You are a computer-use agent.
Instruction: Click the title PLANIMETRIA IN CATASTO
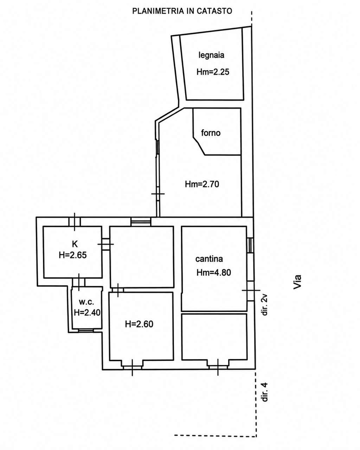point(182,11)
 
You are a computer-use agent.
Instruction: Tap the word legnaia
point(211,55)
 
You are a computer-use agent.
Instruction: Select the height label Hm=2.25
point(213,72)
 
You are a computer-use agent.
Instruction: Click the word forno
point(211,133)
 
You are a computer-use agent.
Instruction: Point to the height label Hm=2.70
point(202,184)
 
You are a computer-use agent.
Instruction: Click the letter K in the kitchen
point(75,244)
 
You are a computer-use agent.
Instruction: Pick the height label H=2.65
point(72,255)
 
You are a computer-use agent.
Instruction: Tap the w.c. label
point(86,302)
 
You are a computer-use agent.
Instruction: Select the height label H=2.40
point(87,313)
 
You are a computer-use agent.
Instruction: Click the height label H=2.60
point(139,324)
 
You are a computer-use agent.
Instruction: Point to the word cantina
point(209,259)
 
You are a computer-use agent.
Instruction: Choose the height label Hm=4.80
point(213,273)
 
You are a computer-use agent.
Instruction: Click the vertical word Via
point(297,282)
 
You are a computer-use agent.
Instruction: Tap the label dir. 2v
point(265,305)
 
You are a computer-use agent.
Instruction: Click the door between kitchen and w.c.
point(79,282)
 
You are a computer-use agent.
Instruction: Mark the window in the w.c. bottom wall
point(86,330)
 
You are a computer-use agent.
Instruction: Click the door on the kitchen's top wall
point(75,221)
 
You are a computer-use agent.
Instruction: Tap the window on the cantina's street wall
point(250,245)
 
